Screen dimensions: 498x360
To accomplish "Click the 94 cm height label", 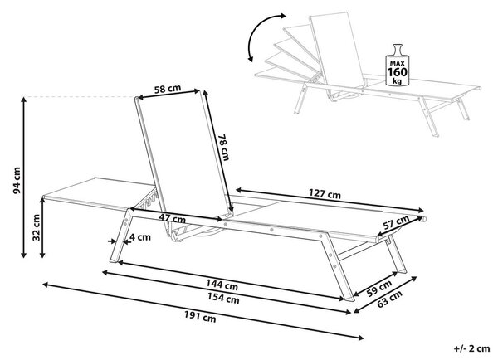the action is click(17, 180).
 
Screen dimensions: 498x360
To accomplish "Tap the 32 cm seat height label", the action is click(37, 227).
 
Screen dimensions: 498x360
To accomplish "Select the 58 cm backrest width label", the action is click(168, 89).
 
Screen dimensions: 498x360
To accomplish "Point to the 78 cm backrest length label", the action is click(223, 147).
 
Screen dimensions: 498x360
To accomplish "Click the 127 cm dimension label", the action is click(325, 193).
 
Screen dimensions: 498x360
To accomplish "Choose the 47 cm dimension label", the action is click(172, 218).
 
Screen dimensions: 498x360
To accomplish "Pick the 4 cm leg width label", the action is click(140, 237).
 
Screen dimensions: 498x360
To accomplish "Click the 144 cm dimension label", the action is click(222, 285).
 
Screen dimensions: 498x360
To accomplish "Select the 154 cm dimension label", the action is click(223, 298).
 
